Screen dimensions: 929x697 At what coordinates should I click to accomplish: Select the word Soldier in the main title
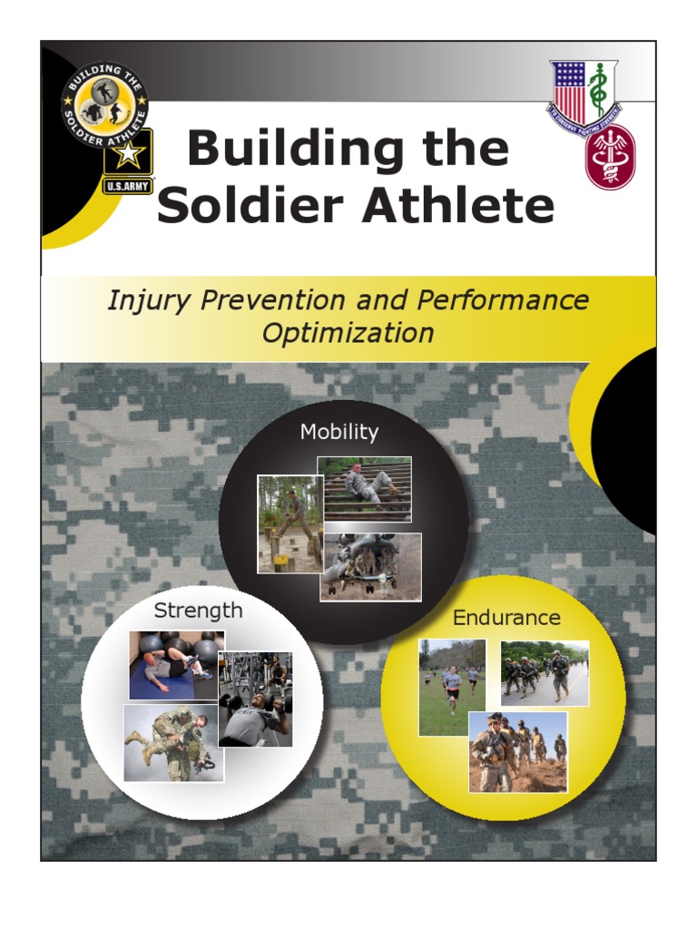[252, 205]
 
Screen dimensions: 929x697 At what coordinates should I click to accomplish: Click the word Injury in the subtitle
[143, 300]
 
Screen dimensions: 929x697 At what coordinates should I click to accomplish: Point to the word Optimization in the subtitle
[348, 333]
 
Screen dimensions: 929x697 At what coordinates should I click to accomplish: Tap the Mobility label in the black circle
[339, 432]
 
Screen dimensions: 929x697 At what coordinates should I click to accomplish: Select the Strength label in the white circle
[199, 611]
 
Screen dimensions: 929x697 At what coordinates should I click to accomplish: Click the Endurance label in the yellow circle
[506, 618]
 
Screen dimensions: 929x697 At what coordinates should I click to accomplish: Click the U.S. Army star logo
[128, 161]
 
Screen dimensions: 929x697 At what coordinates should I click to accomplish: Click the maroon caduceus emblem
[610, 156]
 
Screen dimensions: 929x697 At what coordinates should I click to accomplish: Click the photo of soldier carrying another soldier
[172, 743]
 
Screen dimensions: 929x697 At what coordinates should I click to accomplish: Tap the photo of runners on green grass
[452, 688]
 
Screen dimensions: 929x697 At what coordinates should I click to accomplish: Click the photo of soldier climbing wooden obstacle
[288, 524]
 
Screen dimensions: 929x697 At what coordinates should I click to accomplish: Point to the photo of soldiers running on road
[545, 673]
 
